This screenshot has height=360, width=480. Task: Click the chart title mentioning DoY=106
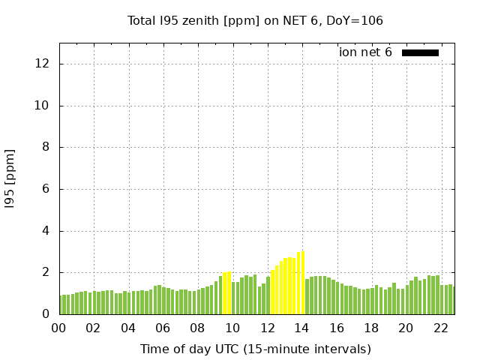click(x=255, y=21)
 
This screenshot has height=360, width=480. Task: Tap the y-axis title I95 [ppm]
click(x=10, y=178)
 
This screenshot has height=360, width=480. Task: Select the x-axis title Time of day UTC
click(x=255, y=349)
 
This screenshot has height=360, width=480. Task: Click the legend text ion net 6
click(x=365, y=52)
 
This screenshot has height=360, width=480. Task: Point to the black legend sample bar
click(x=420, y=52)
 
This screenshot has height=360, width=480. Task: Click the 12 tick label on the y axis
click(x=43, y=64)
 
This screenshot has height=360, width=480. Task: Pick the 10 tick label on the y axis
click(x=43, y=106)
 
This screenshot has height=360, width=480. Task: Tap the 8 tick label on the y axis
click(x=46, y=148)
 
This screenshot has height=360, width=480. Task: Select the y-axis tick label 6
click(x=46, y=189)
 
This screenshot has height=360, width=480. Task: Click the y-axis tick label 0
click(x=46, y=314)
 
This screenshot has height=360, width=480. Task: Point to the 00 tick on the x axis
click(x=59, y=328)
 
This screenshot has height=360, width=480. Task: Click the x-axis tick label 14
click(x=302, y=328)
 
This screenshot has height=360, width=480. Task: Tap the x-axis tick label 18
click(x=371, y=328)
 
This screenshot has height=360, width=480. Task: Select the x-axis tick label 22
click(x=440, y=328)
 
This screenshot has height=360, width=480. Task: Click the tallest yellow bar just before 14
click(x=298, y=283)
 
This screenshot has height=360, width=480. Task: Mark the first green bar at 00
click(x=61, y=304)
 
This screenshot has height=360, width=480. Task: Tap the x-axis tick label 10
click(x=232, y=328)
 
